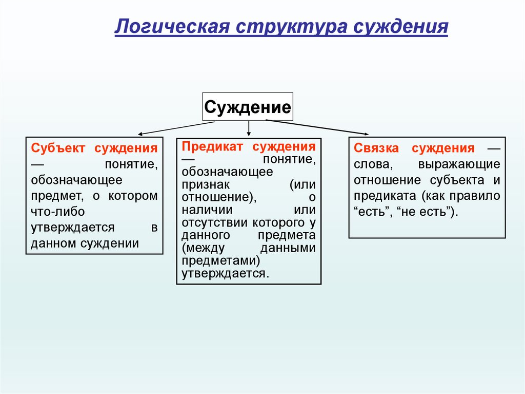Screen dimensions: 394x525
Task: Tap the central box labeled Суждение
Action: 248,107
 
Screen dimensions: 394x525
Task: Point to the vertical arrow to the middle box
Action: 249,128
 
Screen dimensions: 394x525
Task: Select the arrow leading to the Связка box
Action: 318,127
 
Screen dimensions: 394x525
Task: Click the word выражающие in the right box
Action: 458,164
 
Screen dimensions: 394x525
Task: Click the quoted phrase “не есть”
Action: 426,212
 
